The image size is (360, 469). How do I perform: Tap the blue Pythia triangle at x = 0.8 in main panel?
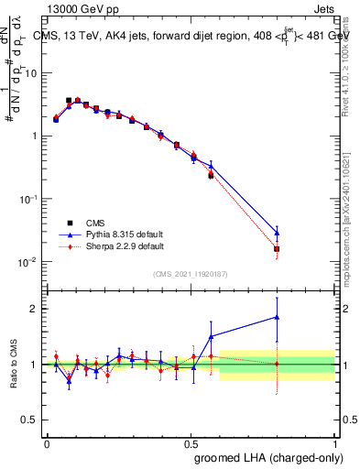pos(278,233)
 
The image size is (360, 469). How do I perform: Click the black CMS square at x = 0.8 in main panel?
pos(277,248)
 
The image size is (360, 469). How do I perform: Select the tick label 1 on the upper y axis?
pos(33,136)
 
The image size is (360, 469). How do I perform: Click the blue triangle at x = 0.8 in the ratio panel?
pos(278,318)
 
